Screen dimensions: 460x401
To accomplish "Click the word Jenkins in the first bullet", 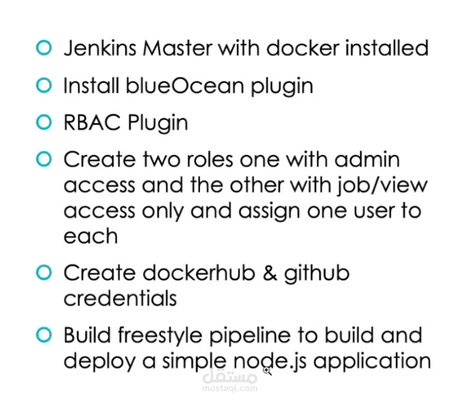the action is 100,48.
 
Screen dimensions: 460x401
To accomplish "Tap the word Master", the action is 177,48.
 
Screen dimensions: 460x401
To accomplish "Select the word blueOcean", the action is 185,85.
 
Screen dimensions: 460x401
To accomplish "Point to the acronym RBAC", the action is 92,122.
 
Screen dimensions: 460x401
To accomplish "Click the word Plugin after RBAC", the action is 158,123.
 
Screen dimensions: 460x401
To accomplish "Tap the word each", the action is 91,235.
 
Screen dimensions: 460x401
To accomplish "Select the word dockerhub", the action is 199,273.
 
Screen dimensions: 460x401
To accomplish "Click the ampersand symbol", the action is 270,273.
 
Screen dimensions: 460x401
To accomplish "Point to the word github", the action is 317,274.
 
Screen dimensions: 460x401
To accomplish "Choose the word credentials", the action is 120,298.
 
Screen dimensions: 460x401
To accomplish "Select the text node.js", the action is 270,361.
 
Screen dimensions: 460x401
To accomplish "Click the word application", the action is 372,362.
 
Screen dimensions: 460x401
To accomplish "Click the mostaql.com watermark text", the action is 230,388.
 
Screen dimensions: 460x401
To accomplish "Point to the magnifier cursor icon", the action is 267,371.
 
